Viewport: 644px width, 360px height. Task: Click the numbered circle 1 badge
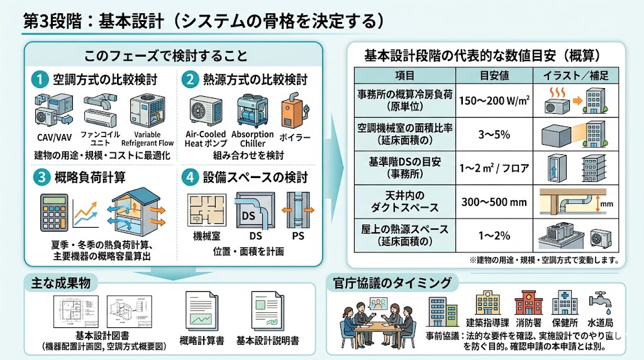pyautogui.click(x=40, y=80)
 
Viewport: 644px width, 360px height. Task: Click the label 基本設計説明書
pyautogui.click(x=267, y=340)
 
